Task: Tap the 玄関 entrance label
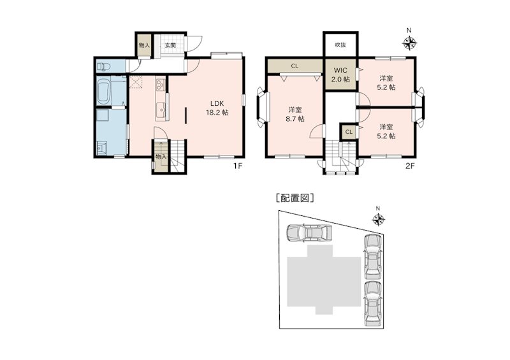[x=170, y=45]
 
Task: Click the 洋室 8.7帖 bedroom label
[x=295, y=113]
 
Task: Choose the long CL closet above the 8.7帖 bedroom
[x=295, y=66]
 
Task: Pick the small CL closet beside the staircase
[x=349, y=132]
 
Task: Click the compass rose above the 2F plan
[x=410, y=42]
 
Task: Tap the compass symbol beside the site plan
[x=378, y=219]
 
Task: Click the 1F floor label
[x=237, y=167]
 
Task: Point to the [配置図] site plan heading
[x=295, y=198]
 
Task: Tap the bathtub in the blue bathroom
[x=105, y=92]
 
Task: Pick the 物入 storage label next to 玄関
[x=144, y=45]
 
